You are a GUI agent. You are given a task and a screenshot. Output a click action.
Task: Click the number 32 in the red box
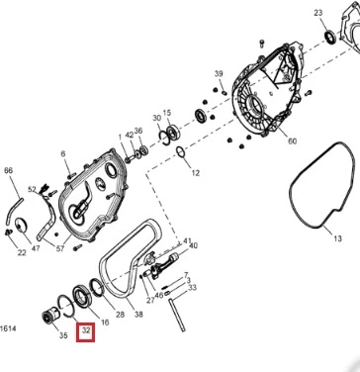[x=86, y=330]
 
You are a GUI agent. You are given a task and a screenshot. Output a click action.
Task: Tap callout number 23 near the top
[x=318, y=13]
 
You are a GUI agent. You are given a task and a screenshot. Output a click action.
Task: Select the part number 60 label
[x=292, y=141]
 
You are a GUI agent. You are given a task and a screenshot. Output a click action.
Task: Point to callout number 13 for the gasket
[x=337, y=238]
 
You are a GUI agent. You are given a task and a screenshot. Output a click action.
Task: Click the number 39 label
[x=219, y=73]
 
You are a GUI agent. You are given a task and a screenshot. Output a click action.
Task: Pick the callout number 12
[x=196, y=173]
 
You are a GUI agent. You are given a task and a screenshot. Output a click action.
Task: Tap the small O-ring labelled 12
[x=180, y=152]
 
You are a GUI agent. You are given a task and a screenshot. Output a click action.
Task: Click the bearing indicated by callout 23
[x=330, y=37]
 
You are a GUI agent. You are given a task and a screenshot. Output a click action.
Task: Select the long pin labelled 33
[x=177, y=315]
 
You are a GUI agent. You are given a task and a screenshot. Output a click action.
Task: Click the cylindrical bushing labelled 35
[x=50, y=316]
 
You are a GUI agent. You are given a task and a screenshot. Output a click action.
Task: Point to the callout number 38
[x=138, y=315]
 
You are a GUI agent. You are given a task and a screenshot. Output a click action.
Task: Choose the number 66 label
[x=8, y=170]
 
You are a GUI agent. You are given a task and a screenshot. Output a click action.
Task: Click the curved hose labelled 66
[x=13, y=211]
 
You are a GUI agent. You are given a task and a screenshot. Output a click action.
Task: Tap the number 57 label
[x=59, y=248]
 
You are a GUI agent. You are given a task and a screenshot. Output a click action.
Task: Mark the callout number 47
[x=35, y=248]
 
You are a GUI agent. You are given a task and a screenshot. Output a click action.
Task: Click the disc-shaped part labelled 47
[x=22, y=226]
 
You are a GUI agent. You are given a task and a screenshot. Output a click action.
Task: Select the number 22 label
[x=22, y=252]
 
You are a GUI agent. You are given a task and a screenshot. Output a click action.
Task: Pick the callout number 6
[x=63, y=153]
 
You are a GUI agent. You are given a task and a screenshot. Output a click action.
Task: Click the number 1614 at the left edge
[x=8, y=328]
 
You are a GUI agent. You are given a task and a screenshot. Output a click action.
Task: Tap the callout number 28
[x=120, y=315]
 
